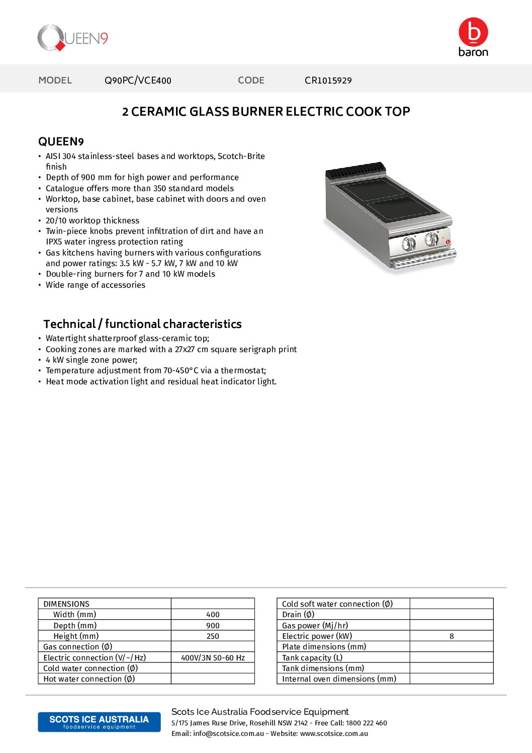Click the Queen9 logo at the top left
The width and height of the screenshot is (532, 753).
pyautogui.click(x=72, y=38)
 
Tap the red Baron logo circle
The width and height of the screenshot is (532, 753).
pyautogui.click(x=473, y=32)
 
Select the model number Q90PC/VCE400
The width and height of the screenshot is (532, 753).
pyautogui.click(x=138, y=80)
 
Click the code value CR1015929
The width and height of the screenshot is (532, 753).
pyautogui.click(x=328, y=80)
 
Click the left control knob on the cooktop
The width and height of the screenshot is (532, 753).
pyautogui.click(x=408, y=243)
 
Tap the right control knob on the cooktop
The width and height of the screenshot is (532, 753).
pyautogui.click(x=431, y=239)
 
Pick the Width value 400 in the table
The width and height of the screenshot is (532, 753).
pyautogui.click(x=213, y=615)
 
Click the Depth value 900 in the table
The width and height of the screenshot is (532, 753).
pyautogui.click(x=213, y=626)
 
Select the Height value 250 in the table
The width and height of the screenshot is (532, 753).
pyautogui.click(x=213, y=636)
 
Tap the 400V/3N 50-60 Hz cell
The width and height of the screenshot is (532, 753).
pyautogui.click(x=213, y=658)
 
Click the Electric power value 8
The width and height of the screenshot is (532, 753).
pyautogui.click(x=452, y=636)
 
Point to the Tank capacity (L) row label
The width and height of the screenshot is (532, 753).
pyautogui.click(x=312, y=658)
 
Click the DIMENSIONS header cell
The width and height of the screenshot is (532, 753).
pyautogui.click(x=66, y=604)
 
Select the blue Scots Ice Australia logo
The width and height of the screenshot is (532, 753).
pyautogui.click(x=99, y=722)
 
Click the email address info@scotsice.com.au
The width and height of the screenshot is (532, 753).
pyautogui.click(x=228, y=734)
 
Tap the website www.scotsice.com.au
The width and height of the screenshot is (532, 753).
pyautogui.click(x=334, y=734)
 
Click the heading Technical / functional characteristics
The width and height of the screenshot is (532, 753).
pyautogui.click(x=142, y=324)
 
